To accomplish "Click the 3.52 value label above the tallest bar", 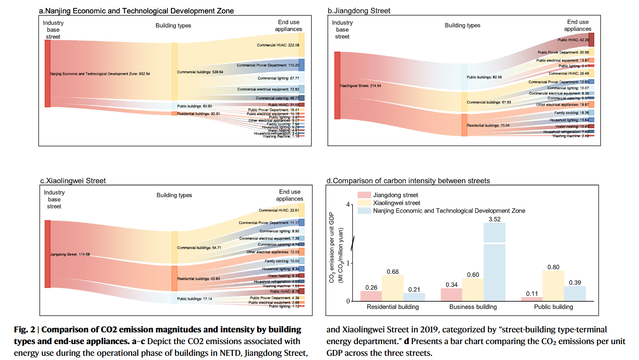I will point(495,219).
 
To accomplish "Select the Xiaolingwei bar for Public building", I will point(553,286).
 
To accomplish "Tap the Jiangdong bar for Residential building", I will point(371,296).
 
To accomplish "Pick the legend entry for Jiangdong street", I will point(395,195).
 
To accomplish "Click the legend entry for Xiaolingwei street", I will point(396,203).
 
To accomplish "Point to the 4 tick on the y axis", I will point(348,205).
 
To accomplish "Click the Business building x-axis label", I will point(473,307).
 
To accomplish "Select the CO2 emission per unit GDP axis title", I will point(335,247).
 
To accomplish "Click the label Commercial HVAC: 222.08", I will point(278,45).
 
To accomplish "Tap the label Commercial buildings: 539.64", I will point(200,72).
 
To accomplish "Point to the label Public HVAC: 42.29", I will point(573,40).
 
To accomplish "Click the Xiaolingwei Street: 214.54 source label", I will point(360,86).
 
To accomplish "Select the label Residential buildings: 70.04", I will point(488,126).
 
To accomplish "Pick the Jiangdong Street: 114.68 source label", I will point(70,255).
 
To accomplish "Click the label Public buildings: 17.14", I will point(194,299).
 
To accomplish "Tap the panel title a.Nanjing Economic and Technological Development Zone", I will point(137,11).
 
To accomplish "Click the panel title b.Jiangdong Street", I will point(359,11).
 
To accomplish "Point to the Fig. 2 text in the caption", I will point(24,330).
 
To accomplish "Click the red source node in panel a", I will point(48,74).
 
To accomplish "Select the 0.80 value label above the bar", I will point(553,267).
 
